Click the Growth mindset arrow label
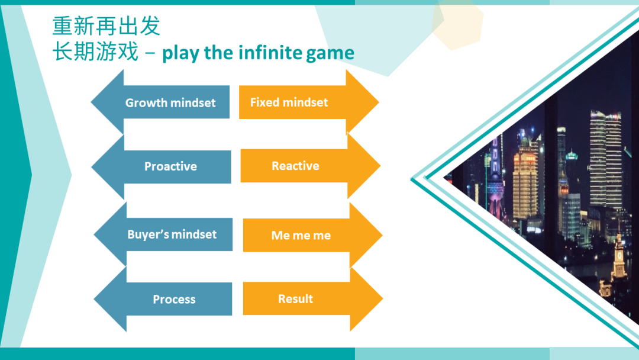tap(170, 103)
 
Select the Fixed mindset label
tap(289, 102)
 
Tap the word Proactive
tap(171, 166)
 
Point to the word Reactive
tap(295, 166)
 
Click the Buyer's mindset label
tap(172, 234)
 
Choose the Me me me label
tap(301, 235)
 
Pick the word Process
tap(174, 299)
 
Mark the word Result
tap(295, 299)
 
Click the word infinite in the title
tap(270, 53)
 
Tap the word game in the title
tap(330, 54)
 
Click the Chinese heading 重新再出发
tap(106, 25)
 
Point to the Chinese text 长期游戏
tap(95, 52)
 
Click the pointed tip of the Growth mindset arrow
tap(91, 102)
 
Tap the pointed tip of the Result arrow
tap(382, 299)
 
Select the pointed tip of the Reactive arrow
tap(380, 166)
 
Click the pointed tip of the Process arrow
tap(94, 299)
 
